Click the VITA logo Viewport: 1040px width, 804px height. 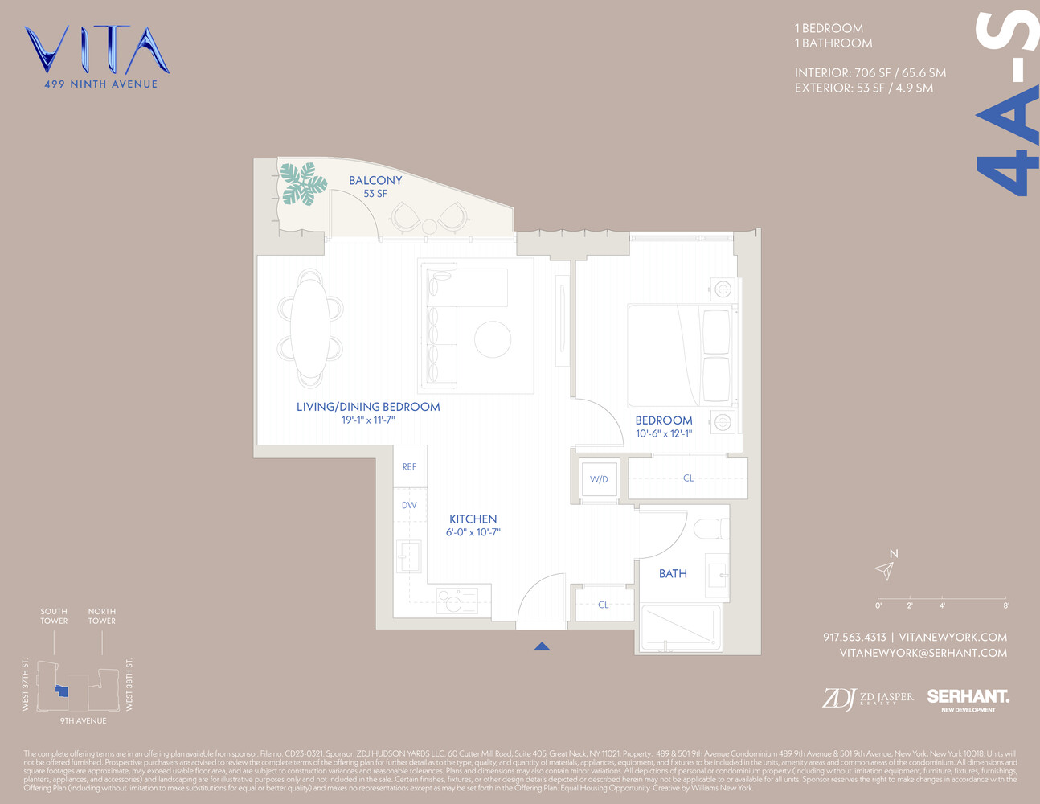coord(96,51)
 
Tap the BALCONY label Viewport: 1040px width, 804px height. coord(375,181)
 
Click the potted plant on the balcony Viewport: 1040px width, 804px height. coord(304,183)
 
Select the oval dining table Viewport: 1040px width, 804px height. coord(309,328)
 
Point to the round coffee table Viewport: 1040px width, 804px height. coord(493,339)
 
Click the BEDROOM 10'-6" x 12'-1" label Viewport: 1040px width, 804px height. coord(664,426)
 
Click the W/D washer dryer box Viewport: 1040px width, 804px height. coord(599,479)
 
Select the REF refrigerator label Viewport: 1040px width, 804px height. coord(409,467)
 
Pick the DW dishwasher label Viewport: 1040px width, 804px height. coord(409,505)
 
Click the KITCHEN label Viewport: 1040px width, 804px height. coord(473,519)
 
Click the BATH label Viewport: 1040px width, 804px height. coord(673,574)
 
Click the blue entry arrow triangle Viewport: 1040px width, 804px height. coord(542,646)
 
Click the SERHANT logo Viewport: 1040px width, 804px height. coord(968,697)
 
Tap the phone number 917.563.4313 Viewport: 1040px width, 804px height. coord(854,638)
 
